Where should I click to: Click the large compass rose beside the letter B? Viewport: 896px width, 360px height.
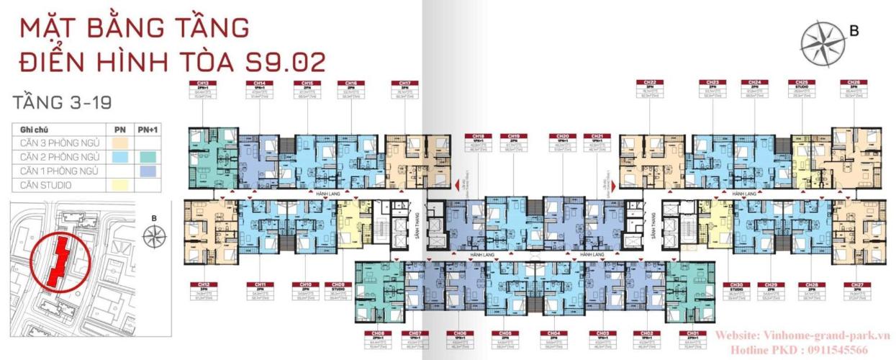pyautogui.click(x=825, y=43)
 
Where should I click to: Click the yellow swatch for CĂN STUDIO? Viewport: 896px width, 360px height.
pyautogui.click(x=120, y=186)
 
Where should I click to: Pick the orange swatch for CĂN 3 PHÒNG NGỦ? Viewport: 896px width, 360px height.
pyautogui.click(x=120, y=143)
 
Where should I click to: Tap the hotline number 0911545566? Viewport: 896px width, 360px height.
pyautogui.click(x=850, y=348)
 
